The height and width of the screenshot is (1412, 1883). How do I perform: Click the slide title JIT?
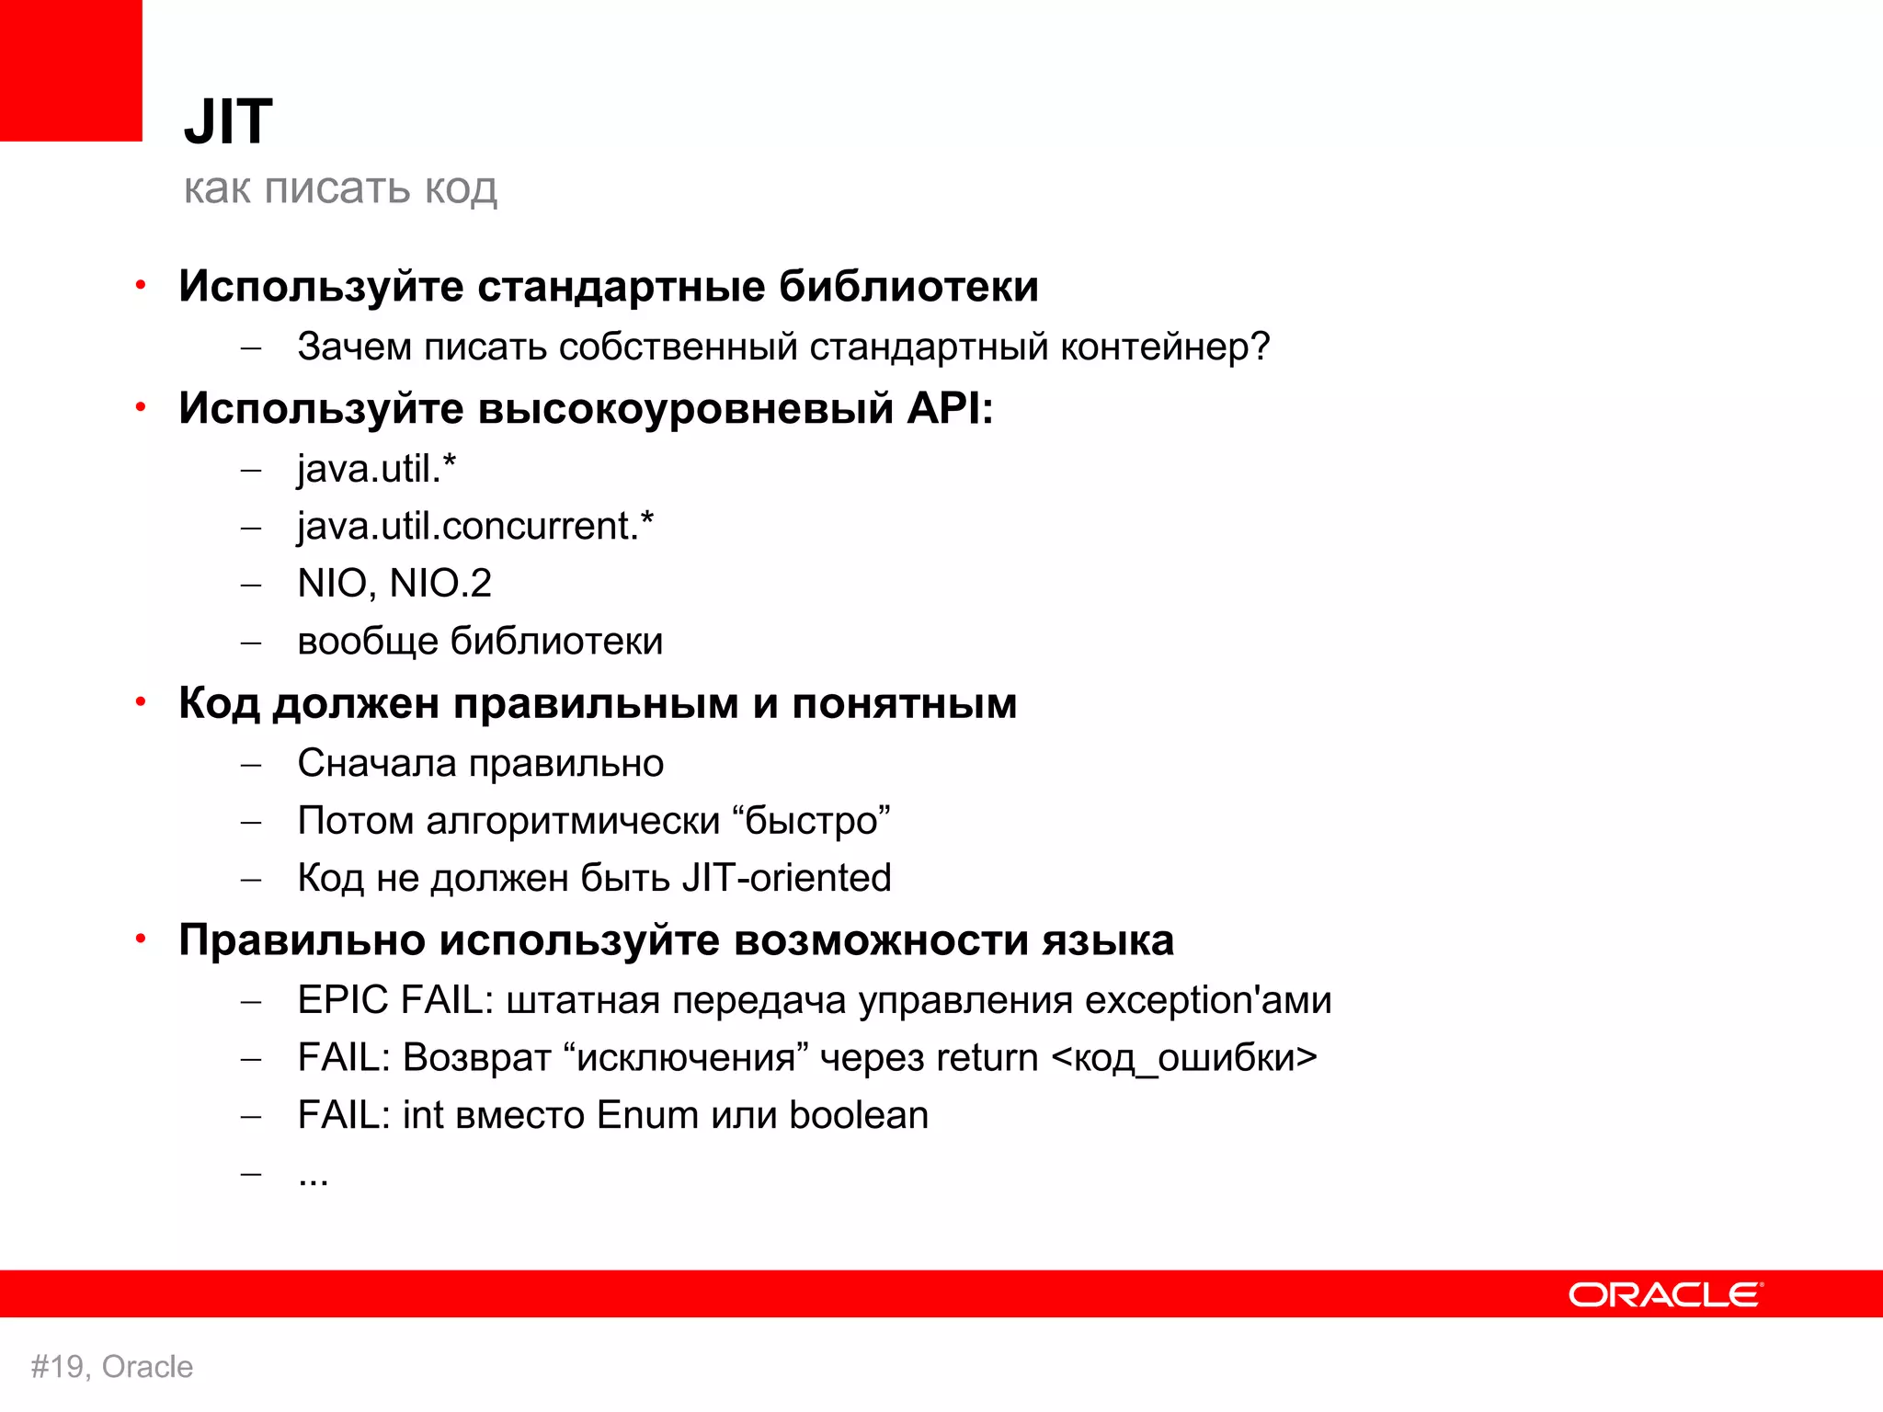[228, 121]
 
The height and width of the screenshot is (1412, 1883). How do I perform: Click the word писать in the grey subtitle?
[337, 188]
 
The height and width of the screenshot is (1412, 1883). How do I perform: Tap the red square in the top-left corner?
[70, 70]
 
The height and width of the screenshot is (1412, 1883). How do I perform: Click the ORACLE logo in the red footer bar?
[1665, 1294]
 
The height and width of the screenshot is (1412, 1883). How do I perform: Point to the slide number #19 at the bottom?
[60, 1367]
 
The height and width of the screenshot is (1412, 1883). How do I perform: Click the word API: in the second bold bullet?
[950, 407]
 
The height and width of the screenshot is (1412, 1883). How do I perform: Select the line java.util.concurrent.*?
[475, 526]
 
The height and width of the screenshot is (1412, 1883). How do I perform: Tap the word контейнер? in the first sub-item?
[1165, 347]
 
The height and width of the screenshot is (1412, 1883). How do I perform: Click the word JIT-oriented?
[786, 878]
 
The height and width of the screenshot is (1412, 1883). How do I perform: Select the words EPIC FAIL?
[395, 1000]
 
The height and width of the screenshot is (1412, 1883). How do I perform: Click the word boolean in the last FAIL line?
[858, 1115]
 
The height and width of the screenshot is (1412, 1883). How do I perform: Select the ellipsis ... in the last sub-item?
[314, 1179]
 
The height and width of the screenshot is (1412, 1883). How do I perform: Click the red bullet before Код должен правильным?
[141, 702]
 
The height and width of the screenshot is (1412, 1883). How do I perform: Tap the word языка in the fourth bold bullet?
[1108, 939]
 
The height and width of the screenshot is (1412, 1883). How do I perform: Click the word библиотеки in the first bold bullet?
[908, 286]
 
